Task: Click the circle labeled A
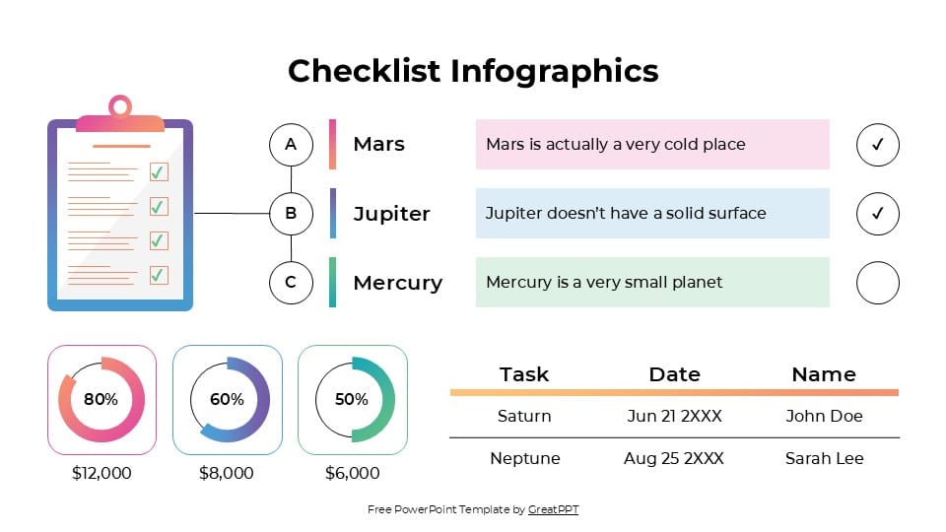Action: [291, 144]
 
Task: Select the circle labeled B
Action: [291, 213]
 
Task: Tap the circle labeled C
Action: [291, 282]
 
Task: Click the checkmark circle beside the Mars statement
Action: [878, 145]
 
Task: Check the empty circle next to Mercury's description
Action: [878, 284]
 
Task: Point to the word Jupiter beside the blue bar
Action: [391, 214]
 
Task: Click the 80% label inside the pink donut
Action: [101, 399]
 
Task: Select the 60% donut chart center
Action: [227, 399]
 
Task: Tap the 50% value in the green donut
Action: [352, 399]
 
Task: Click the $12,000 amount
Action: [101, 473]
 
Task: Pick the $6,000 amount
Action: [352, 473]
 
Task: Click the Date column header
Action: [674, 374]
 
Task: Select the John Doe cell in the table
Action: [824, 416]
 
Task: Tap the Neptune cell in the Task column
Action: [524, 458]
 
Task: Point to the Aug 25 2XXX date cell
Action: [674, 458]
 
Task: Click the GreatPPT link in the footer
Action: [553, 509]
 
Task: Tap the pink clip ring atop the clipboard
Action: [119, 105]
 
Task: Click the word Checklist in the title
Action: [365, 71]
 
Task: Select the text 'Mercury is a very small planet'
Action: [604, 282]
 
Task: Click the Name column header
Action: [824, 374]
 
